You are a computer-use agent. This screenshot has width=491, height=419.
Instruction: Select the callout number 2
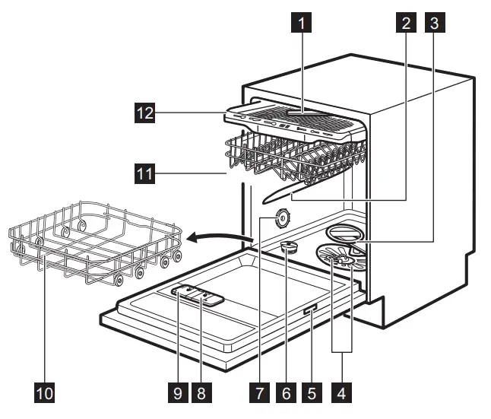tap(406, 24)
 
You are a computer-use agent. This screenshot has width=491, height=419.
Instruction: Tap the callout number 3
tap(435, 24)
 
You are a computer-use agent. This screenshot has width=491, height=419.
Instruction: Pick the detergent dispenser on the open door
tap(197, 295)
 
